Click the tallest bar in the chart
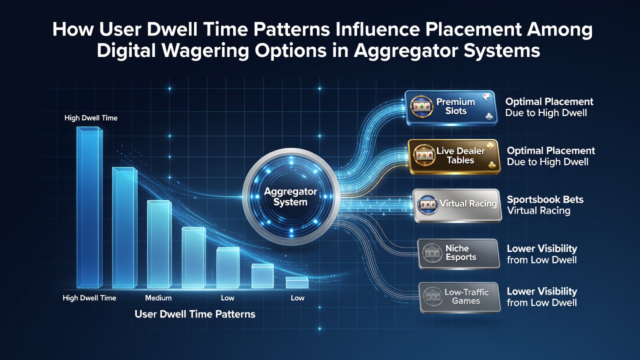point(89,207)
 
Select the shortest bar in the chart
point(297,282)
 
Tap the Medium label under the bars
point(158,298)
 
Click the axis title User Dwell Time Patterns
point(195,314)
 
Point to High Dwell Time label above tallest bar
point(91,118)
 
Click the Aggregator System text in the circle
point(290,196)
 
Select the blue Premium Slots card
point(451,108)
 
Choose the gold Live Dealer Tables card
point(455,156)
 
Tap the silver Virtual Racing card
point(457,205)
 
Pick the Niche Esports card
point(459,254)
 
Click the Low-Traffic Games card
point(460,297)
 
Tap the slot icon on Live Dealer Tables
point(424,155)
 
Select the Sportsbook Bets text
point(545,199)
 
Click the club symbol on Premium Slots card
point(489,117)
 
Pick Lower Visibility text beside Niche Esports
point(541,248)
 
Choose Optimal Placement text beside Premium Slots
point(549,101)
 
